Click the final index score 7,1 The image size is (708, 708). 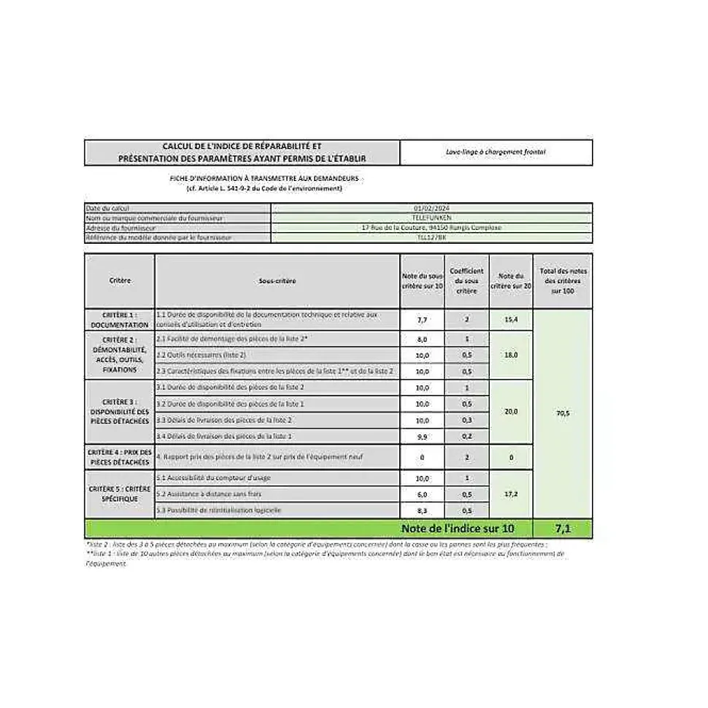click(x=562, y=528)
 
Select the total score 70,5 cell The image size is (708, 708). click(x=562, y=413)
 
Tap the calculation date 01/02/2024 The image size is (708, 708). click(x=431, y=208)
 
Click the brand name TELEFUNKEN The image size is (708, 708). click(x=431, y=218)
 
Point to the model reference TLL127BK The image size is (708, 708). click(x=431, y=237)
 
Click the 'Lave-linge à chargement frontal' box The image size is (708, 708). click(x=496, y=153)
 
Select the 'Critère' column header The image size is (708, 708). click(x=120, y=280)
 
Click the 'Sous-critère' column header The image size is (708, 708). click(x=277, y=280)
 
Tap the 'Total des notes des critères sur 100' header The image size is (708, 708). click(x=562, y=280)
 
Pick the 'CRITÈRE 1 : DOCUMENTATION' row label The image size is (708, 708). click(x=120, y=320)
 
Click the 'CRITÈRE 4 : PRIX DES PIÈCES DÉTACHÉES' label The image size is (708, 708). click(x=120, y=457)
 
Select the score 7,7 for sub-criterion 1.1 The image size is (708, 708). click(x=422, y=320)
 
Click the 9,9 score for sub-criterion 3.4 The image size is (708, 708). click(x=422, y=436)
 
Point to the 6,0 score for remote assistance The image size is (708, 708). click(x=422, y=494)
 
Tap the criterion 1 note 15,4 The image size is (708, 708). click(x=510, y=320)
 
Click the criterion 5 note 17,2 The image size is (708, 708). click(x=510, y=494)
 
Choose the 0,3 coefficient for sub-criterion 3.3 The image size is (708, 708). click(x=466, y=420)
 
